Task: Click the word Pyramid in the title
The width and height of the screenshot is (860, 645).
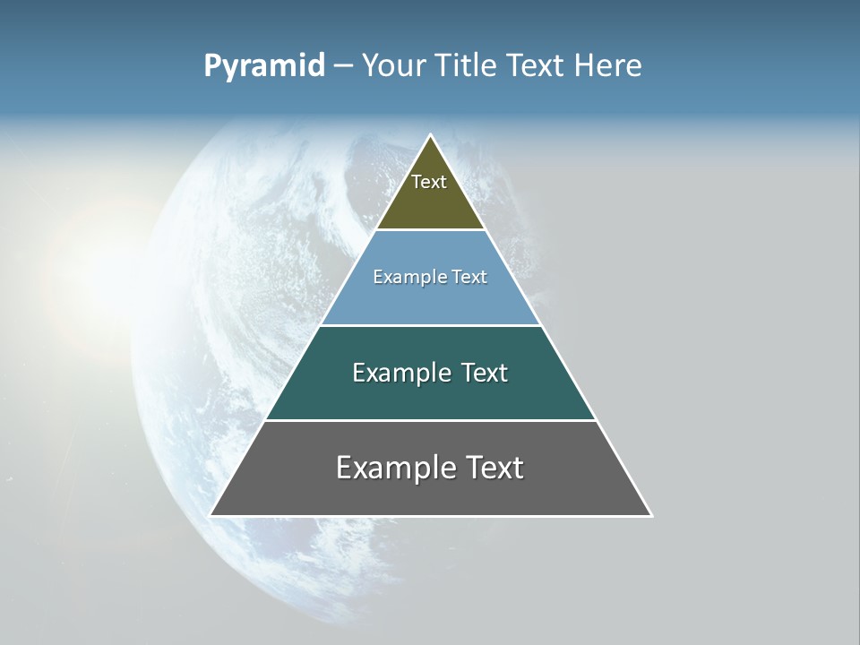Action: point(264,66)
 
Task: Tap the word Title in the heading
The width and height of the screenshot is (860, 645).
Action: point(469,66)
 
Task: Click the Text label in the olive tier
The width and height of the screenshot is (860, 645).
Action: point(429,182)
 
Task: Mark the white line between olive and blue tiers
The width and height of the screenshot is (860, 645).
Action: point(431,230)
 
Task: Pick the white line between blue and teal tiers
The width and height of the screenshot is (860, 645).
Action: point(431,325)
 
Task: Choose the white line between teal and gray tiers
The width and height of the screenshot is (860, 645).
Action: point(431,420)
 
